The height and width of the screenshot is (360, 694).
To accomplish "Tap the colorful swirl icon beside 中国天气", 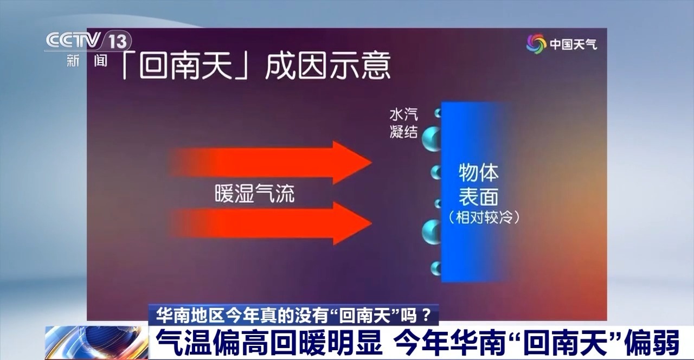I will [536, 44].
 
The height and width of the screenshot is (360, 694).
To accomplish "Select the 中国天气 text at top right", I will [574, 44].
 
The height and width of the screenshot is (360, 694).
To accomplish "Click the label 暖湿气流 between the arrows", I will [254, 193].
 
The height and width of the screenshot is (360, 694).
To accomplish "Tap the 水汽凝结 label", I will [403, 123].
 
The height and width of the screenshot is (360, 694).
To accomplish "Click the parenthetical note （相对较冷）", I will [485, 218].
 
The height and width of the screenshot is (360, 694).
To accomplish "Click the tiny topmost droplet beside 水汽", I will [438, 113].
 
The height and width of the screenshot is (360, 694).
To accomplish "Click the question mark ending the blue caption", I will [427, 314].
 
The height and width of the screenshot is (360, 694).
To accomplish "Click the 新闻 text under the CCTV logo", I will [87, 60].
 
